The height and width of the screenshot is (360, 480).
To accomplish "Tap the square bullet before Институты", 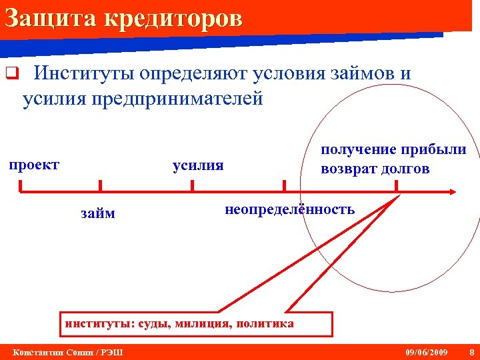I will [10, 74].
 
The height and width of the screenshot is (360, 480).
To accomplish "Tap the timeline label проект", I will [34, 164].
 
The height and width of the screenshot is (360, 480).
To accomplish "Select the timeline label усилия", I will [198, 165].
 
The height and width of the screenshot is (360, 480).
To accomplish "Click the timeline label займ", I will [97, 213].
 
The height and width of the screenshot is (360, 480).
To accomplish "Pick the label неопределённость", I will [289, 209].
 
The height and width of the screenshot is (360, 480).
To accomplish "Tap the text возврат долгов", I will [375, 169].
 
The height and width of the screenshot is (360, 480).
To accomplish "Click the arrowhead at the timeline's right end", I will [452, 192].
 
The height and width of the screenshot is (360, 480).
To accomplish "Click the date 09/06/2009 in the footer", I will [427, 351].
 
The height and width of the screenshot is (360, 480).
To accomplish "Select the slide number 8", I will [471, 351].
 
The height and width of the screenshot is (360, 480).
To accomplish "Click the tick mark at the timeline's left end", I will [21, 186].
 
